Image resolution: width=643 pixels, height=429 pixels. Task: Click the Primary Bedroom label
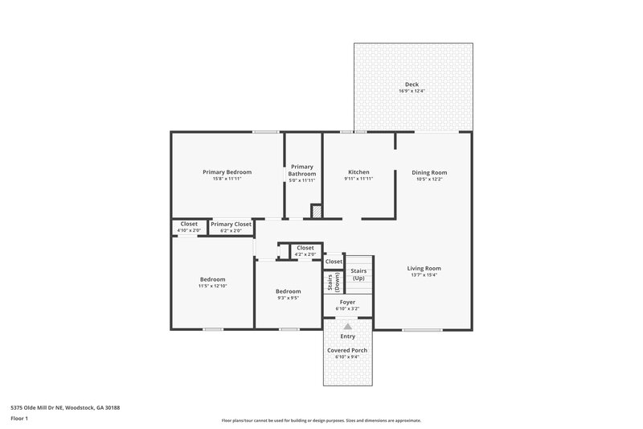coord(227,172)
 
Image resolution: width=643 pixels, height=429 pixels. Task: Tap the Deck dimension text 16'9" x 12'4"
coord(411,91)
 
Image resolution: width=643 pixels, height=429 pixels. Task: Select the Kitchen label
coord(358,172)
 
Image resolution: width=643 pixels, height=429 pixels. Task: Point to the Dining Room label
coord(429,172)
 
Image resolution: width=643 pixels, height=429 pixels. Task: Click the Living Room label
coord(424,268)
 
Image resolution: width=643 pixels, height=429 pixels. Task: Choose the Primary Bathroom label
coord(302,170)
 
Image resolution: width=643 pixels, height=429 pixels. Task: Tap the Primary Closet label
coord(231,224)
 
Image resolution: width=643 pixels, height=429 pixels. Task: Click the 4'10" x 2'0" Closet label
coord(189,224)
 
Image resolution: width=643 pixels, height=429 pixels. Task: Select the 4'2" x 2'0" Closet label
coord(305,248)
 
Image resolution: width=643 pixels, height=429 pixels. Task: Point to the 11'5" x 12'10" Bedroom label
coord(212,279)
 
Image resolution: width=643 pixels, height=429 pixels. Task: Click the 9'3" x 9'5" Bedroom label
coord(288,291)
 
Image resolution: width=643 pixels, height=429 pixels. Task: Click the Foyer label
coord(347,302)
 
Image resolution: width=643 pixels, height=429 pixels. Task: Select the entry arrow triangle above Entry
coord(347,327)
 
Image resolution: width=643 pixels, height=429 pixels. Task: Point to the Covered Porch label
coord(347,351)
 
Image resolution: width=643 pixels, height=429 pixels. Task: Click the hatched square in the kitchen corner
coord(316,211)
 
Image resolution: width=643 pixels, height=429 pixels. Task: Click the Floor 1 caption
coord(19,419)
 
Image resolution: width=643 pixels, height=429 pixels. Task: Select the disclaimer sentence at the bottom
coord(321,420)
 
